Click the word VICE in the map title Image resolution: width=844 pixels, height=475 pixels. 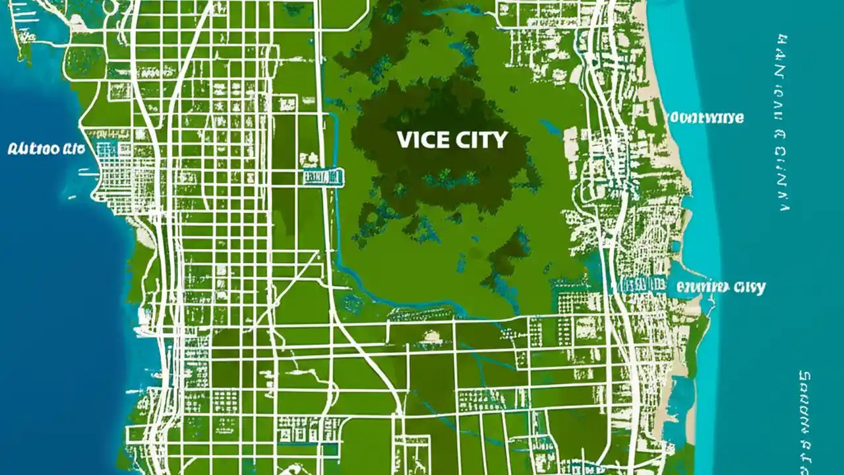tap(421, 140)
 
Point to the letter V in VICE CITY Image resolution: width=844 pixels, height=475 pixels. tap(404, 140)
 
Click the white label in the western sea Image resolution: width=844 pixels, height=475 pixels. tap(46, 148)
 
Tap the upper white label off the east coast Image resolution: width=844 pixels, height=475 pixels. tap(704, 118)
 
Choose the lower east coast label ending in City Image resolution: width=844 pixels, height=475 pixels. tap(721, 288)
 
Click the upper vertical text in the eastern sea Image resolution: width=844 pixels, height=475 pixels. tap(783, 122)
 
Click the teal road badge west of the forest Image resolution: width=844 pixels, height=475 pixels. tap(323, 176)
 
